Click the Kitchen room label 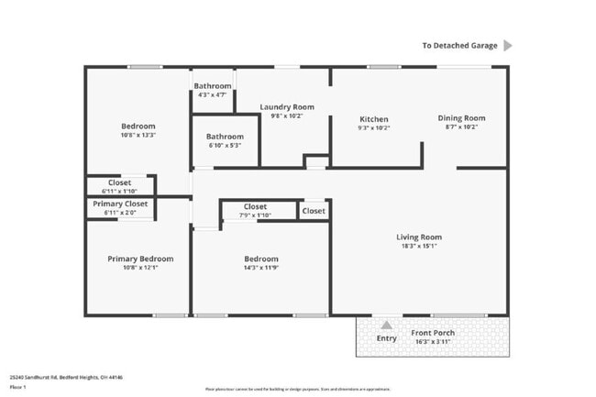[x=373, y=119]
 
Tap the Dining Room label [x=461, y=118]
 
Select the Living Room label [x=418, y=237]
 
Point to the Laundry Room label [x=287, y=107]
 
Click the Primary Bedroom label [x=139, y=259]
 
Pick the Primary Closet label [x=120, y=204]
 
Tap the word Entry [x=387, y=339]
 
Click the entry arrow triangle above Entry [x=387, y=324]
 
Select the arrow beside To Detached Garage [x=508, y=45]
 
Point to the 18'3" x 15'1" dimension [x=418, y=246]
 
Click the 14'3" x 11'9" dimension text [x=261, y=268]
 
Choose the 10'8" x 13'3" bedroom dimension [x=138, y=135]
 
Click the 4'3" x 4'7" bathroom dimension [x=212, y=94]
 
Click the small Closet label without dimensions [x=314, y=211]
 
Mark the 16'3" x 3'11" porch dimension [x=434, y=342]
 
